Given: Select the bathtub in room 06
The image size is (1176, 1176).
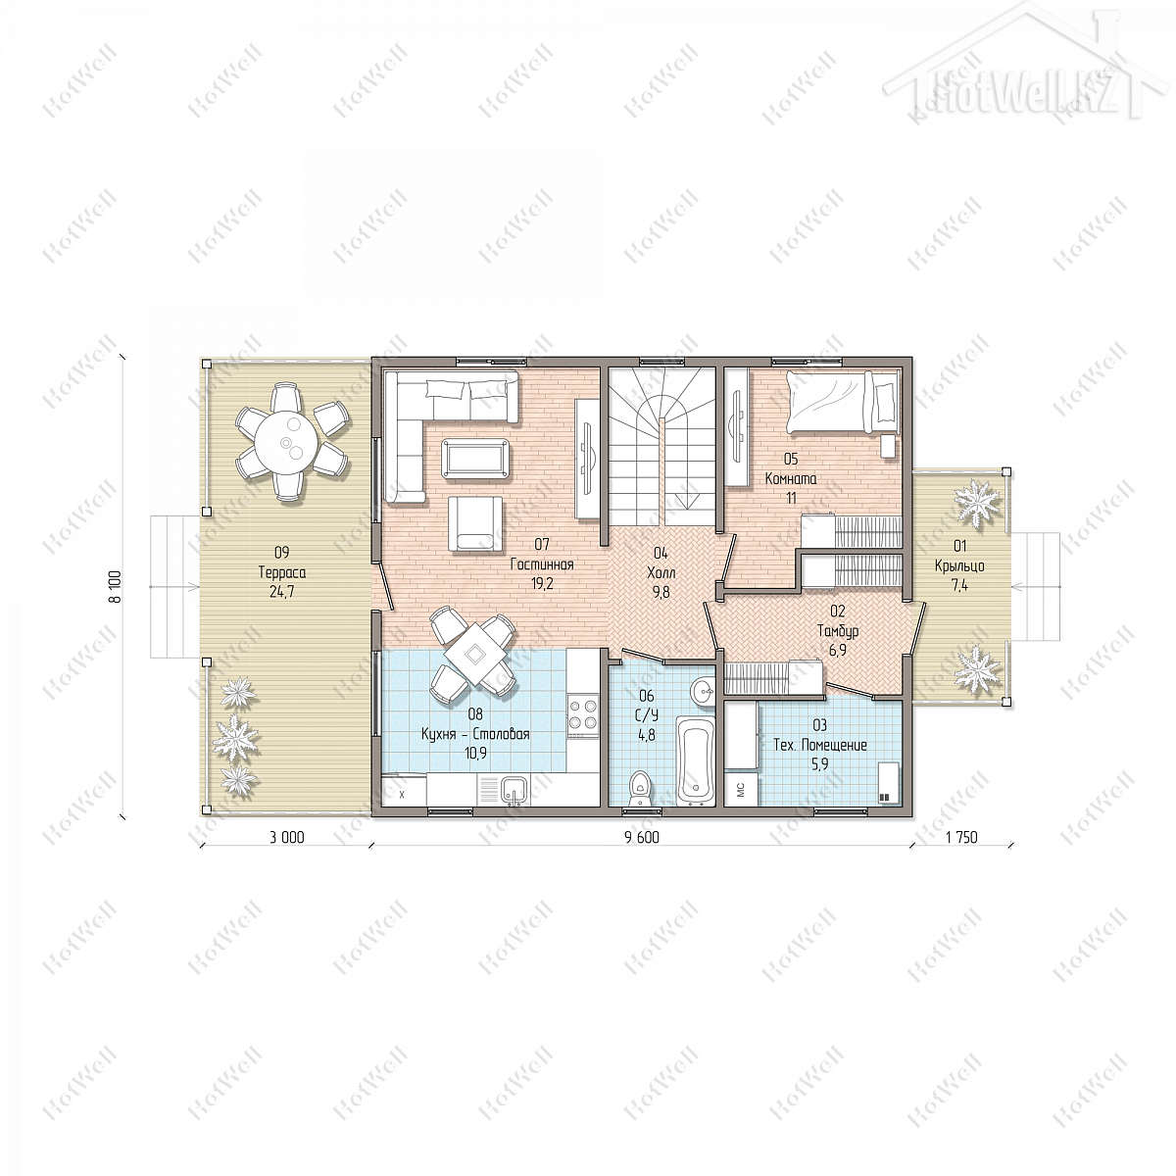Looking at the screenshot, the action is click(695, 759).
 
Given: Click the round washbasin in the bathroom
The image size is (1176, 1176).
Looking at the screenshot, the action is click(703, 692).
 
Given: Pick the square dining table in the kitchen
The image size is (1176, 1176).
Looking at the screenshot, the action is click(474, 655).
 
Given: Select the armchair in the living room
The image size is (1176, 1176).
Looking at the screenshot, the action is click(475, 523).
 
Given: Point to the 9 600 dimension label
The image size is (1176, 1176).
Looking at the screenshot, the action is click(641, 837).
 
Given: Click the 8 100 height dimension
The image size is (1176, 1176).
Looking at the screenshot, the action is click(116, 586).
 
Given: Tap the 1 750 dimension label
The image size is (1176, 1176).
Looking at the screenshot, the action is click(961, 837).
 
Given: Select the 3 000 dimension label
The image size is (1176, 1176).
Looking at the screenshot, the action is click(287, 837).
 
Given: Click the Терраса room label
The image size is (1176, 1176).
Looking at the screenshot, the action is click(282, 572).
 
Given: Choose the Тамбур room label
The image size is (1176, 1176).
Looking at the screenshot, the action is click(838, 631).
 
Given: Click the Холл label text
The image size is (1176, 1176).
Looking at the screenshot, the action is click(661, 572).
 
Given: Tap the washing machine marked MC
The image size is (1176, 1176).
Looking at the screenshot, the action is click(742, 790).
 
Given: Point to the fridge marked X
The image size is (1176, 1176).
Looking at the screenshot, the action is click(403, 791).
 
